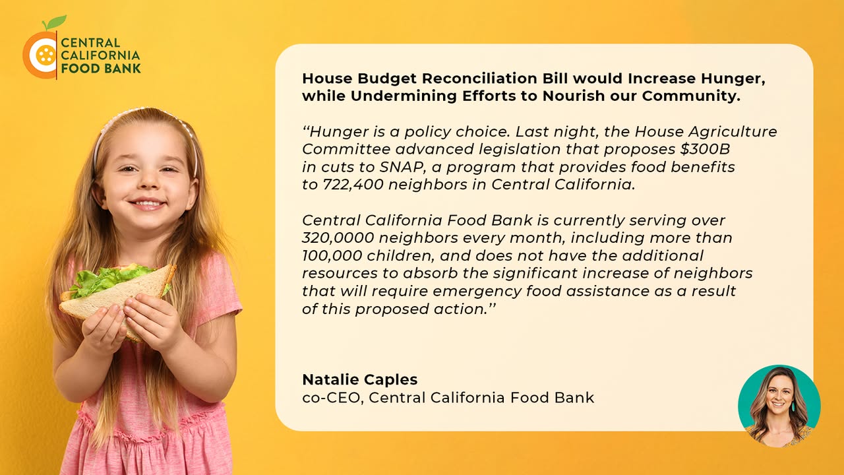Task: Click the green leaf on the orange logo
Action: click(56, 22)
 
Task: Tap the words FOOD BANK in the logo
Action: click(101, 69)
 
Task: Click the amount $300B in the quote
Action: click(705, 149)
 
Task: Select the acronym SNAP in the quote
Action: click(402, 167)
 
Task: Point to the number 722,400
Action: click(353, 185)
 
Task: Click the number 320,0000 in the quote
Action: click(338, 238)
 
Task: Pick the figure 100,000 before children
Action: click(332, 255)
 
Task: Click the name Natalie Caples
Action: click(360, 380)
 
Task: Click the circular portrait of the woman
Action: click(779, 406)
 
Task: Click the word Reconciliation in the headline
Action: click(479, 79)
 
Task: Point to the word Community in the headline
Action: click(691, 96)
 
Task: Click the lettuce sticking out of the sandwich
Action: click(107, 278)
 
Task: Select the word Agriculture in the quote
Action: click(733, 132)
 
